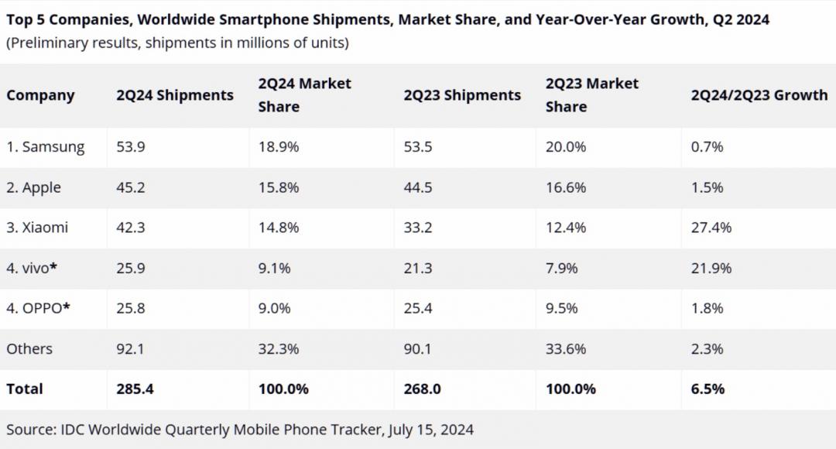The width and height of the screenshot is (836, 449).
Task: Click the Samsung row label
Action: coord(46,147)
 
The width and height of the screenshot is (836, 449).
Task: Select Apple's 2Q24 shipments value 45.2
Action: coord(131,187)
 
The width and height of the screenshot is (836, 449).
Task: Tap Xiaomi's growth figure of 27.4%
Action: coord(711,228)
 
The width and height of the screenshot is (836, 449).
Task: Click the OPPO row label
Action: coord(39,308)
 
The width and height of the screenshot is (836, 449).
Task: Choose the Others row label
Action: coord(29,348)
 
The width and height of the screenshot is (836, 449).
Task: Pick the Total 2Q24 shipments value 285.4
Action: coord(135,389)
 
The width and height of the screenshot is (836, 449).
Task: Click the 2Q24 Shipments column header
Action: coord(175,95)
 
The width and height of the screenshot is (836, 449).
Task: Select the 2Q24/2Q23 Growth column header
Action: coord(759,95)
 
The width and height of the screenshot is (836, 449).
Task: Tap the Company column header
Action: coord(40,95)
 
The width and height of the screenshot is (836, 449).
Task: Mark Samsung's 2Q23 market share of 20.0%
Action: coord(566,147)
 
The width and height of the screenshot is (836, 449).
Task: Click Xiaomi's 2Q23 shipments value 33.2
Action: coord(418,228)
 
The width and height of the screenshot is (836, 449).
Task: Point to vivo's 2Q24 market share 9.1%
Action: coord(275,268)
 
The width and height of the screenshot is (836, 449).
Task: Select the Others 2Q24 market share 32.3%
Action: coord(279,348)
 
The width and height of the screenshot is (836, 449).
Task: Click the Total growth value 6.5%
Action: coord(708,389)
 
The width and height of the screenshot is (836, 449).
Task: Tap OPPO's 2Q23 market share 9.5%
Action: coord(562,308)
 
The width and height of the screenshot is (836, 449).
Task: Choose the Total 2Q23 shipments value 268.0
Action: coord(423,389)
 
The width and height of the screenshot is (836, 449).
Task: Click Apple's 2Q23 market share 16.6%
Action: coord(566,187)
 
